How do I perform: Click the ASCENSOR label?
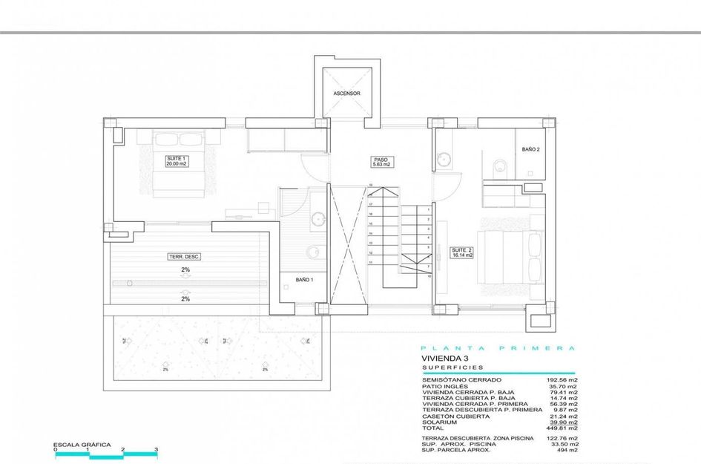coord(346,94)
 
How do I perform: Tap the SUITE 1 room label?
coord(175,161)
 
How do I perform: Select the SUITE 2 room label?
coord(462,252)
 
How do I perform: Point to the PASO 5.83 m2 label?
coord(381,161)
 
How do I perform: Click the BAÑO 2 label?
coord(530,149)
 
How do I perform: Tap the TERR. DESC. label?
coord(185,256)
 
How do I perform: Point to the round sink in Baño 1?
coord(318,218)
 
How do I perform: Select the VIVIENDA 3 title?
coord(442,358)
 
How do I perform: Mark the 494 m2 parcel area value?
coord(568,450)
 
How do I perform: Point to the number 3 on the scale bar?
coord(157,450)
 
